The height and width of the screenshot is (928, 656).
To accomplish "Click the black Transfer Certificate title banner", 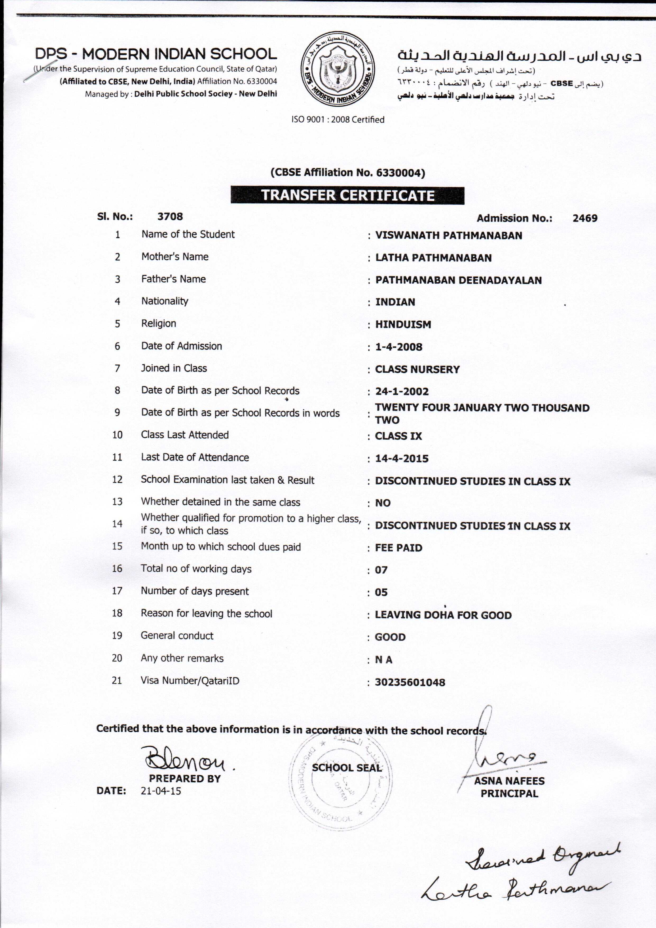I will point(347,196).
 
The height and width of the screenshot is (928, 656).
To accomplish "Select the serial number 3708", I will point(170,217).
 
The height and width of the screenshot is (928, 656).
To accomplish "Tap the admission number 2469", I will point(585,218).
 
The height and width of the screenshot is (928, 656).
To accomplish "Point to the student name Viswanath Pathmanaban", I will point(448,236).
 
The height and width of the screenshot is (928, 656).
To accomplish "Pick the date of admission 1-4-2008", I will point(399,347).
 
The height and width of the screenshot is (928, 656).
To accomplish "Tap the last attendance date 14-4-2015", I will point(402,458).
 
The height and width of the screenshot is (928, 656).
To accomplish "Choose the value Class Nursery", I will point(417,369).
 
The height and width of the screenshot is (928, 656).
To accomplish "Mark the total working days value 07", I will point(381,570).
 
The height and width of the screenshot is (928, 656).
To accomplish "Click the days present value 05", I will point(381,592).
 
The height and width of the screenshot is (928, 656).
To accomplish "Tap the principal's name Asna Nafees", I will point(509,781).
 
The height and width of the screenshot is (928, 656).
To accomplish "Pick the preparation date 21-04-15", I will point(161,791).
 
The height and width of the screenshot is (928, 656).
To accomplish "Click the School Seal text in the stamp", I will point(347,768).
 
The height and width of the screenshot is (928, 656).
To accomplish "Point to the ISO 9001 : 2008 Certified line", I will point(338,120).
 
